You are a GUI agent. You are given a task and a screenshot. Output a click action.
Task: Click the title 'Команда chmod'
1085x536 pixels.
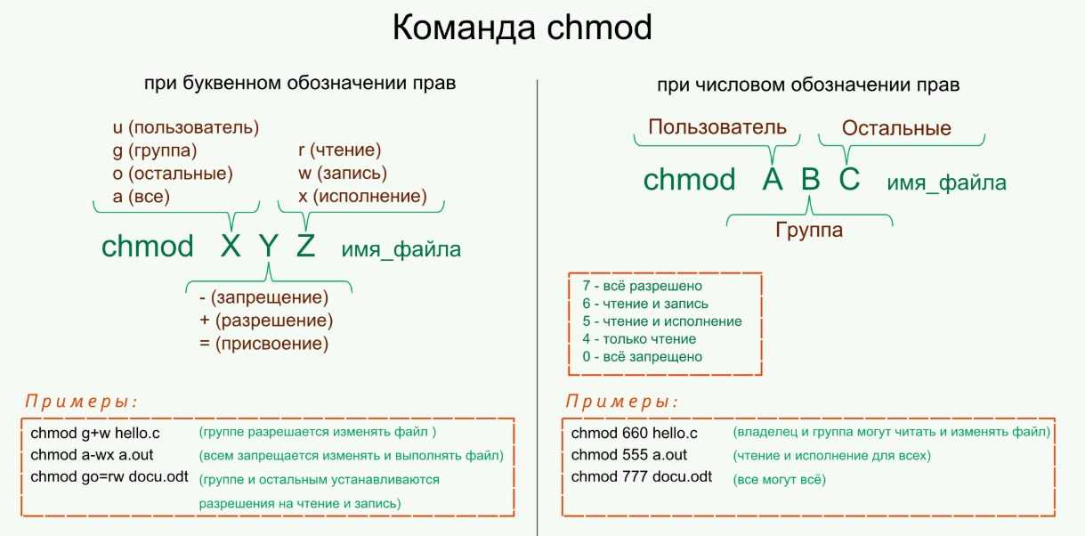click(522, 28)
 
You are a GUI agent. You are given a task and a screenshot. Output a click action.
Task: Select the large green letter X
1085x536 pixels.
click(231, 246)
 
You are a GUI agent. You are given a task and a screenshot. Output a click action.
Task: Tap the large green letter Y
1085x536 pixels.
click(268, 246)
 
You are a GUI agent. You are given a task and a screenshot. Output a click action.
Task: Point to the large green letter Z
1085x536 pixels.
click(306, 246)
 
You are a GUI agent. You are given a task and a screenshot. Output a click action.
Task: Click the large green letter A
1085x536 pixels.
click(773, 179)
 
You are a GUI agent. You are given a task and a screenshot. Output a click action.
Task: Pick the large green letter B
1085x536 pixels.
click(810, 179)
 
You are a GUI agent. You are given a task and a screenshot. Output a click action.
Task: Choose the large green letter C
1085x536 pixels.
click(850, 179)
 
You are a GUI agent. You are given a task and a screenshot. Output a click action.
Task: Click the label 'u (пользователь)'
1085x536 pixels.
click(186, 127)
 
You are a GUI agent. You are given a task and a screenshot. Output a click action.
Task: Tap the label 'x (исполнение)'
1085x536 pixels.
click(363, 196)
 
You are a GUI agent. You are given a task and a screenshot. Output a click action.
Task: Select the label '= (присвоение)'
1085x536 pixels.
click(264, 344)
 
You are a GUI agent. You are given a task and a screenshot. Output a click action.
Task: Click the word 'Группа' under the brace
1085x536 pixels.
click(809, 231)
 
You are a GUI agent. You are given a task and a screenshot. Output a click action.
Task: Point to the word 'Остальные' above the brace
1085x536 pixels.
click(896, 128)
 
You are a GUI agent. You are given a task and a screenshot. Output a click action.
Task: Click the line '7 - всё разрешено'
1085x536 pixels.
click(643, 286)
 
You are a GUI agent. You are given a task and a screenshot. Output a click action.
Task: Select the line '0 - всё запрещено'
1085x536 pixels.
click(643, 357)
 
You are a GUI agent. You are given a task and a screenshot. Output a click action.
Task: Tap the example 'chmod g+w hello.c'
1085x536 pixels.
click(95, 433)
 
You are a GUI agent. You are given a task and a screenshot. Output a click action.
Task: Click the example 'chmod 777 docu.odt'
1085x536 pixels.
click(642, 477)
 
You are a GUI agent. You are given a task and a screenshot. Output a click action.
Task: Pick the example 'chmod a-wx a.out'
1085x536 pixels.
click(92, 455)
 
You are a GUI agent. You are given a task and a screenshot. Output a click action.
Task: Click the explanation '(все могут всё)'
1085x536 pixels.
click(780, 480)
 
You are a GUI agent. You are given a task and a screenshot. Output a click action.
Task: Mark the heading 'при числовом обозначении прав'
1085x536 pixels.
click(808, 85)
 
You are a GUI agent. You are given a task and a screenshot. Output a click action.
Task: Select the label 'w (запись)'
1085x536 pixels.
click(343, 173)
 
